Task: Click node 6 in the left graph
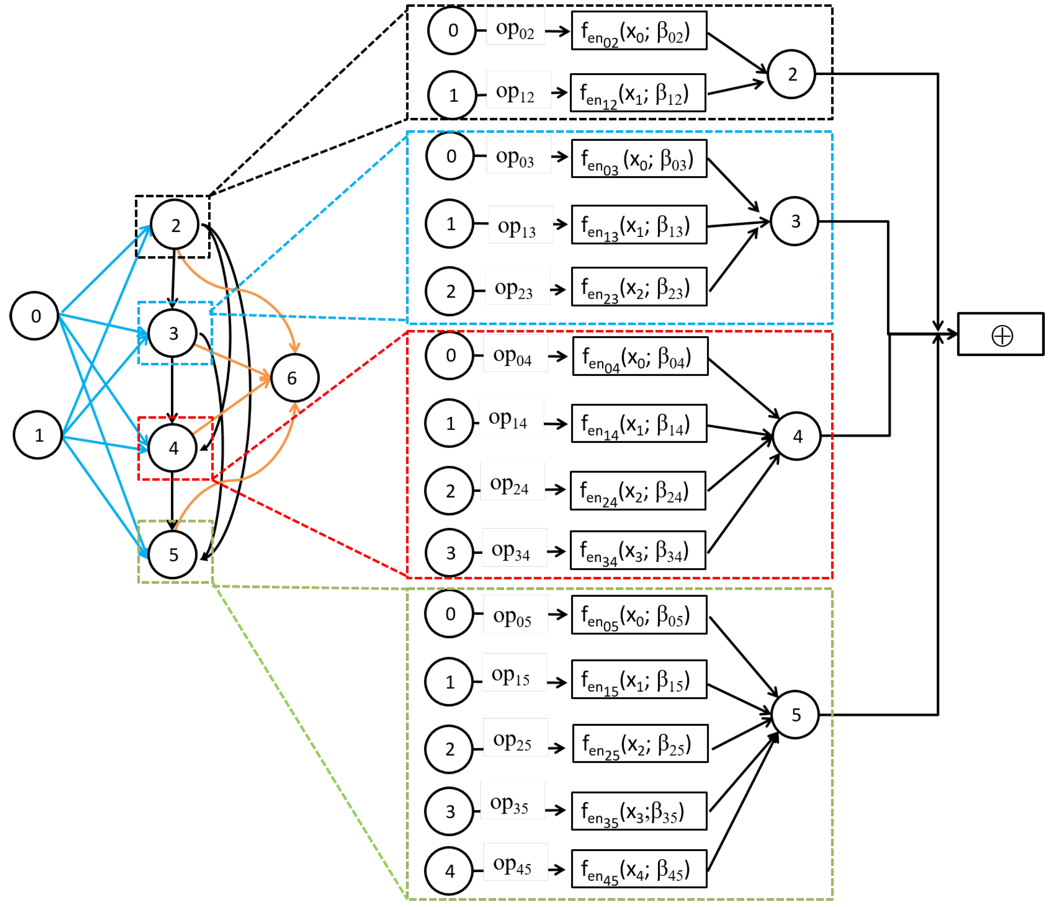(x=295, y=378)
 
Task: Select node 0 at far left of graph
(x=34, y=316)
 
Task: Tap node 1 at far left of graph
(x=38, y=435)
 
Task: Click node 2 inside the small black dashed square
(x=174, y=225)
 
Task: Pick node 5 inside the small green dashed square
(x=172, y=554)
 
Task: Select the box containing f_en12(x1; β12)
(x=637, y=93)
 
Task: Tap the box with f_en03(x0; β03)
(x=639, y=159)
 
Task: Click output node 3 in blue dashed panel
(x=794, y=221)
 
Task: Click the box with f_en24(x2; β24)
(x=637, y=490)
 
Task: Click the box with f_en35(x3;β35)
(x=639, y=811)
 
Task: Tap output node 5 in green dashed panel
(x=795, y=715)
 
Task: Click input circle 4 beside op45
(x=449, y=871)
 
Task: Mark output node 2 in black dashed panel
(x=791, y=74)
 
